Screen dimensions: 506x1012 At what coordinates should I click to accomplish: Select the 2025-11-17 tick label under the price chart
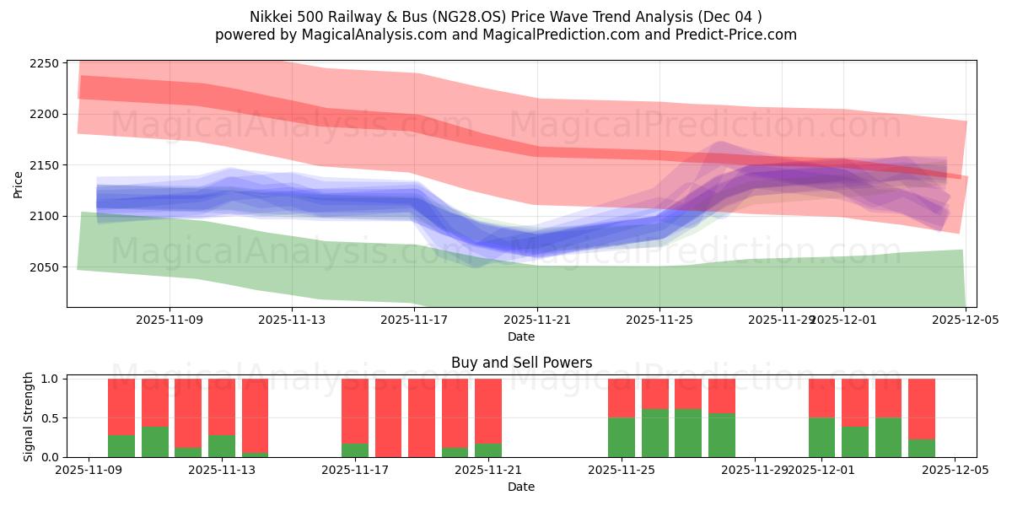[x=414, y=320]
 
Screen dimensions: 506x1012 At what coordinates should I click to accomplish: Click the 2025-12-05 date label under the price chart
[x=966, y=320]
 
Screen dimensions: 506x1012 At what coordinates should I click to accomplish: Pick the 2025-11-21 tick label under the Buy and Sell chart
[x=488, y=470]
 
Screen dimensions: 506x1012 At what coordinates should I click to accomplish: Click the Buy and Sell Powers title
[x=521, y=363]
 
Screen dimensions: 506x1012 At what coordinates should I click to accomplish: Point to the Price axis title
[x=19, y=184]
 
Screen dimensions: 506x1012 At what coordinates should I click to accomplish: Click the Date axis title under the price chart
[x=521, y=336]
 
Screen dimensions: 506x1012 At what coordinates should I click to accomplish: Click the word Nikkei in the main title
[x=269, y=17]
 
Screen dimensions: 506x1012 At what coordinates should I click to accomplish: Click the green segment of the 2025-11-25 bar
[x=622, y=437]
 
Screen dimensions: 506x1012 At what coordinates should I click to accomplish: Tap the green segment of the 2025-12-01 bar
[x=821, y=437]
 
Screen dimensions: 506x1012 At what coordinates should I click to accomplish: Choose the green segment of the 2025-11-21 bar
[x=488, y=450]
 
